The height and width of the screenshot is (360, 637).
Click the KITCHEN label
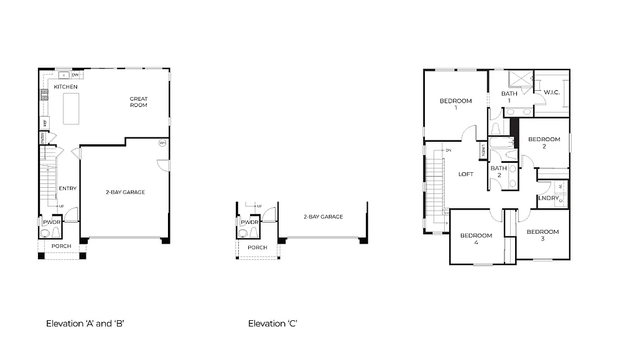(65, 87)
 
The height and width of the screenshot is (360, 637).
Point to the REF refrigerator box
(45, 122)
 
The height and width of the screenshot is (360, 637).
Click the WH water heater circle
(162, 142)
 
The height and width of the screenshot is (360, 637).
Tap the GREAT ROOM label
(138, 102)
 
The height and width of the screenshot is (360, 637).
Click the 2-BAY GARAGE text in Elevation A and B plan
(125, 192)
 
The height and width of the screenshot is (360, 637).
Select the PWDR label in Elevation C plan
(249, 222)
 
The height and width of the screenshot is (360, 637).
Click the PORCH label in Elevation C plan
(257, 247)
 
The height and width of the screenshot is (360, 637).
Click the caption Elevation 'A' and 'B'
(86, 323)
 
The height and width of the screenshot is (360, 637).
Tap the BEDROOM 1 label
(455, 104)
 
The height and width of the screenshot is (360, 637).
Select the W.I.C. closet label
(552, 93)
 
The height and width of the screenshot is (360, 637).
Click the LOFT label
(466, 174)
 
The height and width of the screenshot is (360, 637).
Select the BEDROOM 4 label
(476, 239)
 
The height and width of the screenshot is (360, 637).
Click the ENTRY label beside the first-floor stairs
(67, 188)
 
